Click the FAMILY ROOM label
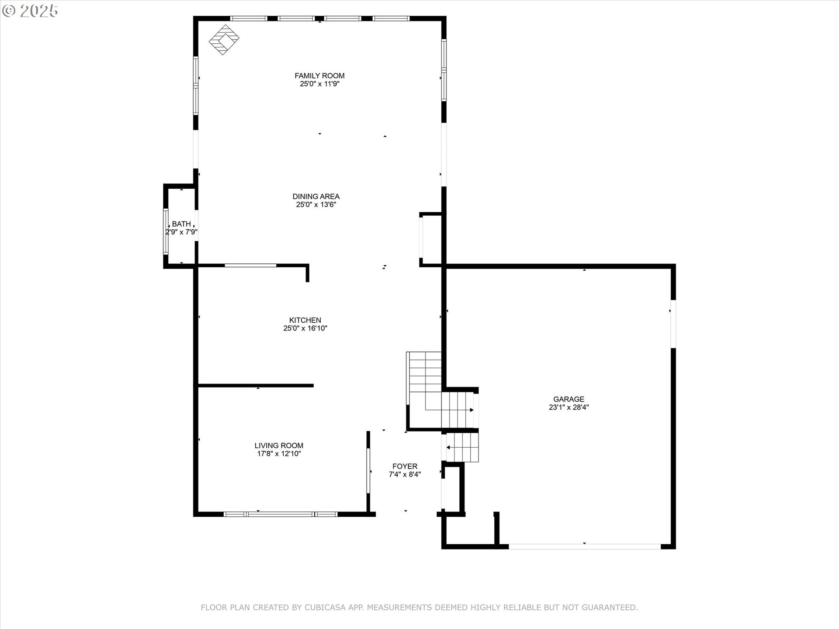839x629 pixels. click(319, 76)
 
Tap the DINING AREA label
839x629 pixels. click(316, 197)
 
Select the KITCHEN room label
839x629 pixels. click(305, 320)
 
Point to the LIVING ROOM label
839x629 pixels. click(279, 446)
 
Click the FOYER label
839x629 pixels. click(405, 467)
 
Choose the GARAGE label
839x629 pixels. click(569, 399)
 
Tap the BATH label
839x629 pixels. click(181, 224)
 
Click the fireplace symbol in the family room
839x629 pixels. click(224, 40)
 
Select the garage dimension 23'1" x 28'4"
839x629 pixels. click(569, 407)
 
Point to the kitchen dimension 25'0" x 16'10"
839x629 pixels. click(305, 328)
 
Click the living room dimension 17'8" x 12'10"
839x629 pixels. click(279, 453)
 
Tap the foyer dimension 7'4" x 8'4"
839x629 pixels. click(405, 474)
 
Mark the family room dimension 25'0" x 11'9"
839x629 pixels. click(319, 84)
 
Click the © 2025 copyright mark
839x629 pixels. click(30, 11)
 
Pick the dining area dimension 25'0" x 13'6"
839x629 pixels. click(316, 204)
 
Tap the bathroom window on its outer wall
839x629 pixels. click(166, 232)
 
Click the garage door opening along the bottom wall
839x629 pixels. click(585, 546)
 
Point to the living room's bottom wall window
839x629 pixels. click(281, 514)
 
